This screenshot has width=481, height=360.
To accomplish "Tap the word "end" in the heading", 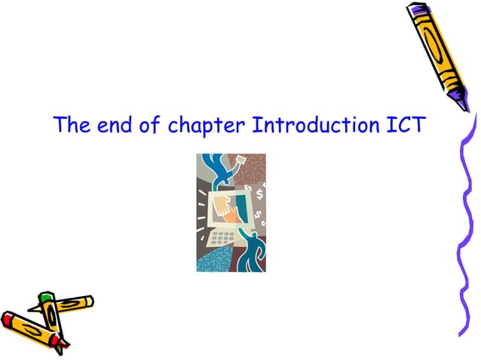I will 110,126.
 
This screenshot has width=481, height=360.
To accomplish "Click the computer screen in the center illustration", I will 231,207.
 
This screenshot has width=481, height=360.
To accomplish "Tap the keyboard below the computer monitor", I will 223,239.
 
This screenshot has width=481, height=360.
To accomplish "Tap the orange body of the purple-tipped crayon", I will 434,45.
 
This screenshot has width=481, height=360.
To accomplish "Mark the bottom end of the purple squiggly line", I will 461,332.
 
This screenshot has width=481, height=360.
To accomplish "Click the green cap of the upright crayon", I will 45,298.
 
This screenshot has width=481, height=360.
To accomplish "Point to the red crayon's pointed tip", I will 65,343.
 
